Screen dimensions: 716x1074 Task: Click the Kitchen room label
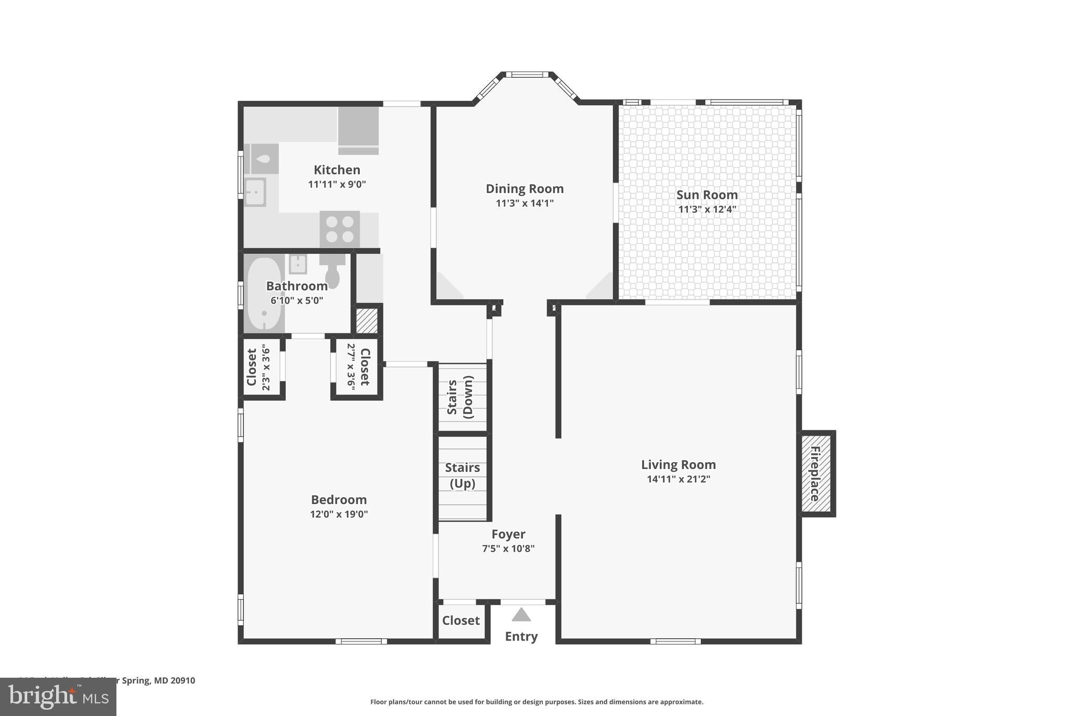coord(337,170)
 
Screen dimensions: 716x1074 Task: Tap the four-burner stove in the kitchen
coord(340,229)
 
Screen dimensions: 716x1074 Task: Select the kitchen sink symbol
coord(255,192)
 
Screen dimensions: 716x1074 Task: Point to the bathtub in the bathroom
coord(264,294)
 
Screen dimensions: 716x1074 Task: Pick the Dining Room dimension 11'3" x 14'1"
coord(524,203)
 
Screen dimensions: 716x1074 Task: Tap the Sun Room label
coord(707,195)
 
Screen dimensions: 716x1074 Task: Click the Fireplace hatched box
coord(817,474)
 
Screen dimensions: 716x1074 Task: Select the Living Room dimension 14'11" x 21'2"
coord(678,479)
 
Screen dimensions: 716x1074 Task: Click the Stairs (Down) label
coord(460,397)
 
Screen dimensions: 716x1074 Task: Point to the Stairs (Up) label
coord(462,475)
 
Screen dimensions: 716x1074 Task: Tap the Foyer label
coord(508,534)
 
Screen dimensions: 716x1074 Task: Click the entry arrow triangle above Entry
coord(521,614)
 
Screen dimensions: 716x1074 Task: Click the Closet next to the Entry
coord(460,621)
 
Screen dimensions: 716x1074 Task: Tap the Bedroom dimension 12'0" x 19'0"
coord(339,514)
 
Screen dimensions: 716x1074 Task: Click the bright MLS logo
coord(58,697)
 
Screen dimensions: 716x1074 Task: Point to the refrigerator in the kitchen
coord(358,131)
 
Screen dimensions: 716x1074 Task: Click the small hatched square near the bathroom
coord(367,320)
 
